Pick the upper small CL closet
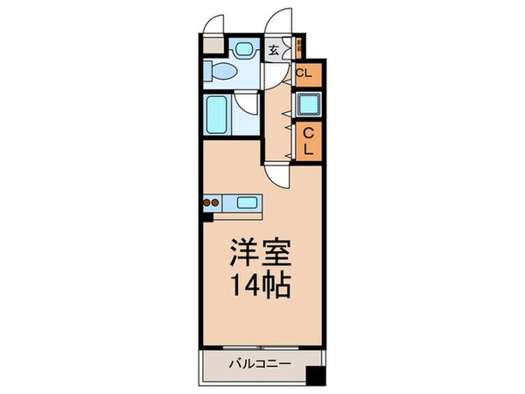[x=305, y=73]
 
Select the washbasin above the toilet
[x=243, y=49]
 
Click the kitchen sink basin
[x=248, y=204]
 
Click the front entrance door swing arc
[x=279, y=22]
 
